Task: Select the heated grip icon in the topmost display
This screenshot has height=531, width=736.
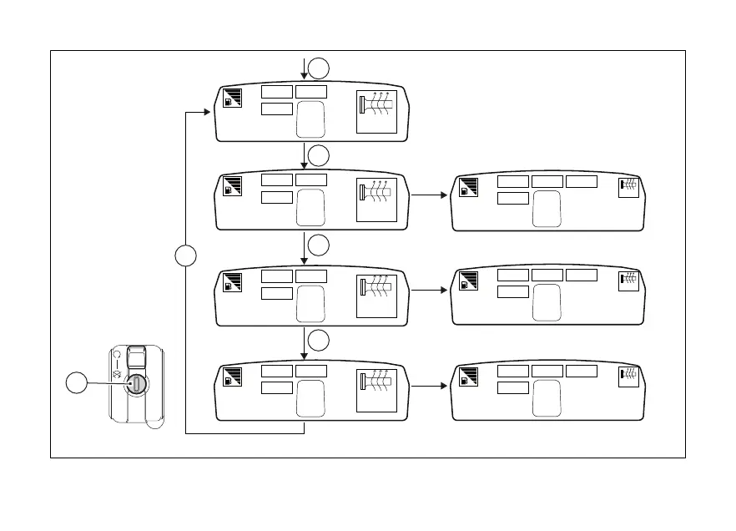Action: (x=376, y=110)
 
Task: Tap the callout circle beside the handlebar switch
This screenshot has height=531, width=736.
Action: (x=78, y=384)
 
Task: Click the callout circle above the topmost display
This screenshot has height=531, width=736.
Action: (x=317, y=68)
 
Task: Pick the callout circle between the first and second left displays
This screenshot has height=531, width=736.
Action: (x=317, y=155)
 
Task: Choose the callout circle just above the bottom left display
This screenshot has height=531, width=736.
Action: (x=317, y=340)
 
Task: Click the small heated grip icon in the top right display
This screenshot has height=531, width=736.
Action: (x=629, y=188)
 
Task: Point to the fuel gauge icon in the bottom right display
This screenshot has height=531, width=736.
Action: (x=468, y=377)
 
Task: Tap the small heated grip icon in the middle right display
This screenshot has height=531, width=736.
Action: (x=629, y=282)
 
